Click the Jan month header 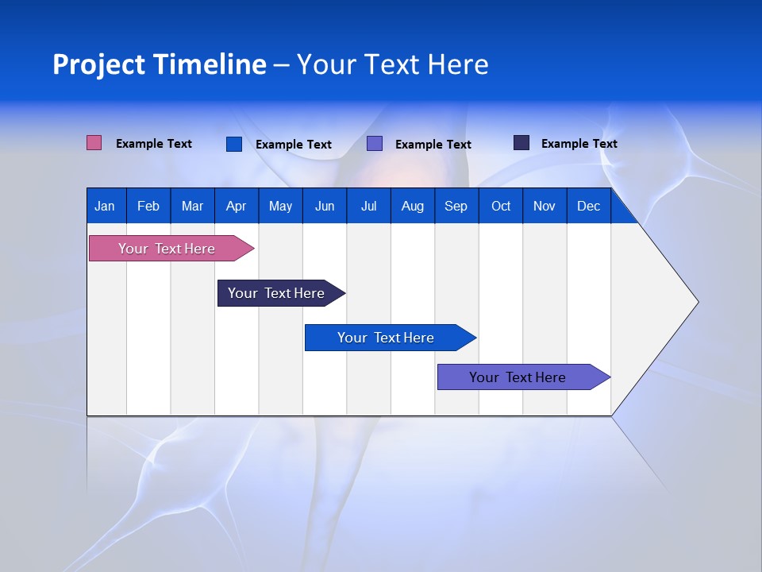coord(105,206)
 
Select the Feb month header coord(148,206)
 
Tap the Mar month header coord(192,206)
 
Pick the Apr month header coord(236,206)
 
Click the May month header coord(280,206)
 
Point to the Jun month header coord(325,206)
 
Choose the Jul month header coord(368,206)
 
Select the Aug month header coord(412,206)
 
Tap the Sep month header coord(456,206)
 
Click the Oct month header coord(501,206)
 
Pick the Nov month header coord(545,206)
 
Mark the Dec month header coord(588,206)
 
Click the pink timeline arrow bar coord(167,249)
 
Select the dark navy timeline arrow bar coord(277,293)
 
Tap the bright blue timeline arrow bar coord(387,338)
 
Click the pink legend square coord(94,143)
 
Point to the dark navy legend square coord(521,143)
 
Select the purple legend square coord(375,144)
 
